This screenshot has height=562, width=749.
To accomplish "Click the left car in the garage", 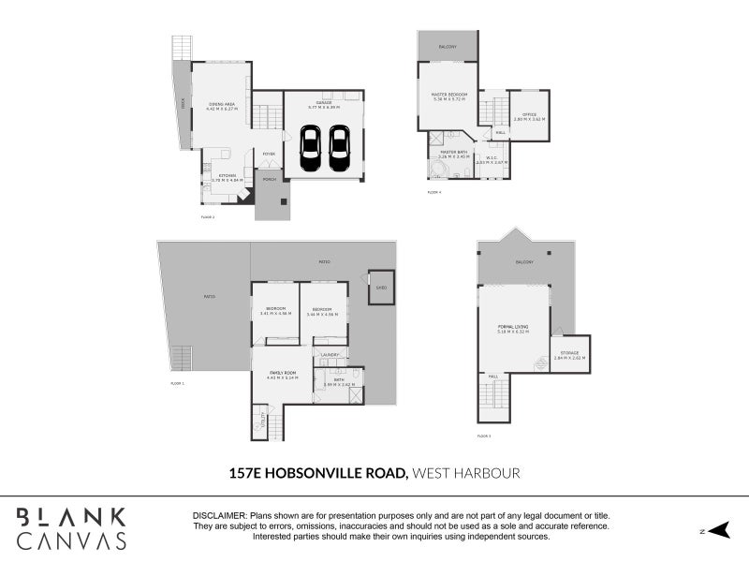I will coord(311,150).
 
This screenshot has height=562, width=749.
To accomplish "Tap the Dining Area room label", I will coord(222,104).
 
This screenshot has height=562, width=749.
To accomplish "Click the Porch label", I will coord(269,179).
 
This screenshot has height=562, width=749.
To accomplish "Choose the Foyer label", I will coord(268,154).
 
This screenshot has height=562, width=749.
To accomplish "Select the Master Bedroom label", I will coord(448,94).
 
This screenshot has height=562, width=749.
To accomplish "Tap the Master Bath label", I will coord(454,152).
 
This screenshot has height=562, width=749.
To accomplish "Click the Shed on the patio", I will coord(381,288).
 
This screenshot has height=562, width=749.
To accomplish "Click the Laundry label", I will coord(329,355).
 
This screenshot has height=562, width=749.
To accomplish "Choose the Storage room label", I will coord(569,353).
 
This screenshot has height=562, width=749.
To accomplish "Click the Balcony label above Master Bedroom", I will coord(448,44).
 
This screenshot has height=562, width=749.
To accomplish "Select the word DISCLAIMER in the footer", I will coord(220,516).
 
